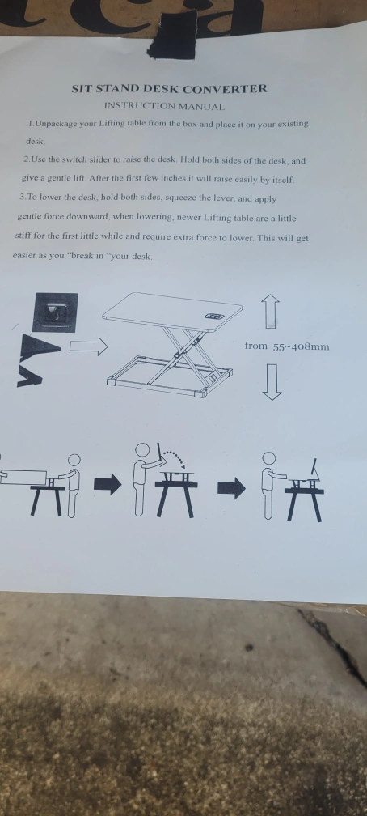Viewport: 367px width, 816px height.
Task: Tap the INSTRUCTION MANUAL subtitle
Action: [x=164, y=107]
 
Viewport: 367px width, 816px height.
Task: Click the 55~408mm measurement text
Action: [x=301, y=346]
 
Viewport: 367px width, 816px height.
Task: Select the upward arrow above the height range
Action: [x=270, y=311]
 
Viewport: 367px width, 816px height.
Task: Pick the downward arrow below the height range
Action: [x=272, y=381]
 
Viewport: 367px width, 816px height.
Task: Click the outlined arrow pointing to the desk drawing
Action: [x=88, y=346]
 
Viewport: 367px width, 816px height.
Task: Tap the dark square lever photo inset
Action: [x=55, y=312]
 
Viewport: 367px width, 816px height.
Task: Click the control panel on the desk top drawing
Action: [x=214, y=316]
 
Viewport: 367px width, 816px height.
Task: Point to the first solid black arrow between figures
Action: [x=108, y=485]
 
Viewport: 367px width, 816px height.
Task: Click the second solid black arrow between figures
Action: [x=231, y=488]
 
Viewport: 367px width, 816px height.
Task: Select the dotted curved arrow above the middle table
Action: [x=174, y=459]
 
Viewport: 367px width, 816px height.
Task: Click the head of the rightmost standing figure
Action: [x=268, y=458]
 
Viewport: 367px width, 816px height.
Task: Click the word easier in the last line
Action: [x=25, y=256]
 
